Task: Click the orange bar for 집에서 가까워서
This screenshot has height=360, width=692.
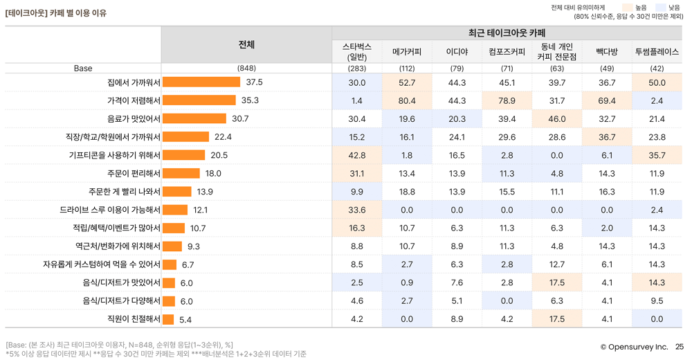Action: pyautogui.click(x=201, y=82)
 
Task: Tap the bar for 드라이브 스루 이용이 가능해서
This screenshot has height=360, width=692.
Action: pyautogui.click(x=175, y=210)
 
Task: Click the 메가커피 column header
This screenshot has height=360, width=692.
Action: pyautogui.click(x=407, y=51)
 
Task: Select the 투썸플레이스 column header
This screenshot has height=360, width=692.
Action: pyautogui.click(x=657, y=51)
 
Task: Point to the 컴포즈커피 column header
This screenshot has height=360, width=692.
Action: pyautogui.click(x=507, y=51)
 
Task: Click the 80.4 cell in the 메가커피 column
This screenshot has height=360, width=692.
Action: pyautogui.click(x=407, y=100)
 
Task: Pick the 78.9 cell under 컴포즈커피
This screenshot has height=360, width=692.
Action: pyautogui.click(x=507, y=100)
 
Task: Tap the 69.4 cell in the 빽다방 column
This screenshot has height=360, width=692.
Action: pyautogui.click(x=606, y=100)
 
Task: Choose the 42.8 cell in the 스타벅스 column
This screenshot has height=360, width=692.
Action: pyautogui.click(x=357, y=155)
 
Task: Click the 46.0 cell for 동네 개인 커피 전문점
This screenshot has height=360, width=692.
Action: pyautogui.click(x=557, y=119)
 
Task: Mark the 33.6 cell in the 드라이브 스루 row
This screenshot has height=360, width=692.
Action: pyautogui.click(x=357, y=210)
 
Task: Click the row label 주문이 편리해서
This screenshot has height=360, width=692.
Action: pyautogui.click(x=134, y=173)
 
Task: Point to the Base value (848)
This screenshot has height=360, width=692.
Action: pyautogui.click(x=246, y=69)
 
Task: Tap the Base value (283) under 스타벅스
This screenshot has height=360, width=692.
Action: pyautogui.click(x=357, y=69)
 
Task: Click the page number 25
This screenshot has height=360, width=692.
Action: pyautogui.click(x=679, y=347)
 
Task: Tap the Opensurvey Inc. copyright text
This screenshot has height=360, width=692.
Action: pyautogui.click(x=633, y=347)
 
